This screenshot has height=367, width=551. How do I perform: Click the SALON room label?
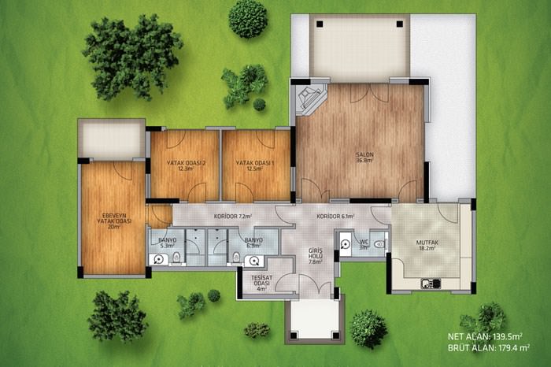click(x=364, y=158)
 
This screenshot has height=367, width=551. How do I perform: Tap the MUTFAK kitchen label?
click(x=427, y=245)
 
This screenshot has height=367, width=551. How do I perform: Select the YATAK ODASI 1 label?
click(x=255, y=165)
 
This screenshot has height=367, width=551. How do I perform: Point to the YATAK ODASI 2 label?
click(x=186, y=165)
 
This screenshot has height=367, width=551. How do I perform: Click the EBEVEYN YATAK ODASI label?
click(x=114, y=221)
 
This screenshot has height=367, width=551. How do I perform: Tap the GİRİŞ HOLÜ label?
click(x=315, y=256)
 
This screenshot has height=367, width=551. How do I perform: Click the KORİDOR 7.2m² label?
click(x=233, y=217)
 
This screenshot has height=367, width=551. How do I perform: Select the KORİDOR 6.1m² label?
click(x=335, y=217)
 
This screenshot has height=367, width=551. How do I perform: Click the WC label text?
click(x=364, y=242)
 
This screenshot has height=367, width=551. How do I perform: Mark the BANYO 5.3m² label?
click(x=167, y=243)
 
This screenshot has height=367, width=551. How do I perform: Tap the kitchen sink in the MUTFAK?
click(x=431, y=283)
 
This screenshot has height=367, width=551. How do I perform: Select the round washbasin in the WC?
click(x=346, y=244)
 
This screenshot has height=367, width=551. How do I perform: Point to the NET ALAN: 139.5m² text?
click(x=485, y=336)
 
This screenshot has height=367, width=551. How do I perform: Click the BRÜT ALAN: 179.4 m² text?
click(x=489, y=348)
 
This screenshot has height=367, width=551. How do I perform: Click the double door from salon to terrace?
click(x=369, y=93)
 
